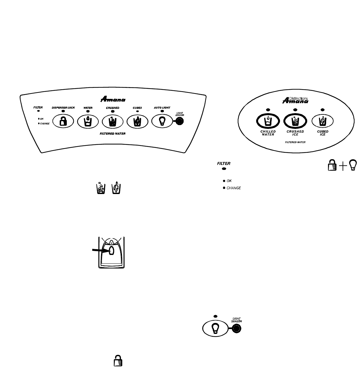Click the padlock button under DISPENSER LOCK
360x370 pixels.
(x=63, y=122)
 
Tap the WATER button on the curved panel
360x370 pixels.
(x=88, y=122)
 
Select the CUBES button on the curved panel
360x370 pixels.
(x=137, y=122)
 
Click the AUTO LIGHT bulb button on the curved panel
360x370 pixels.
(x=162, y=122)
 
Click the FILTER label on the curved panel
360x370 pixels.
(x=38, y=107)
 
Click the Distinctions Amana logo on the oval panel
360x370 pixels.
(x=295, y=101)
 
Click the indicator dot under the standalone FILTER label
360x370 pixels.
(x=224, y=169)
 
